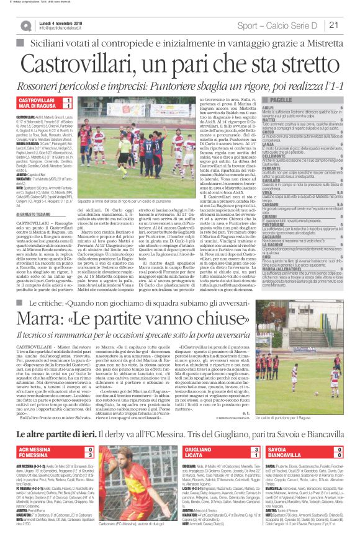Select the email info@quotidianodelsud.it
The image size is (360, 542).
(64, 29)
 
